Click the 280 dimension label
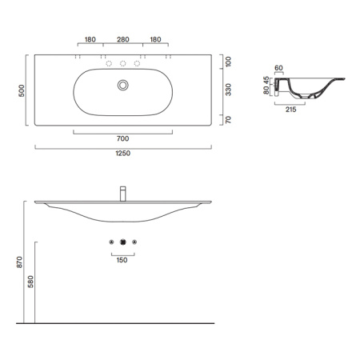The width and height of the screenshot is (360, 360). [122, 39]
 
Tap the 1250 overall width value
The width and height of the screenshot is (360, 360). [122, 154]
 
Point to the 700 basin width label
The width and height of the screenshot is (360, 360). [122, 138]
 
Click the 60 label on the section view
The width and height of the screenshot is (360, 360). [279, 69]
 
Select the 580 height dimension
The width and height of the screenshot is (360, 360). [31, 282]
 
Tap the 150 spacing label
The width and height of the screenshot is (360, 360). [122, 260]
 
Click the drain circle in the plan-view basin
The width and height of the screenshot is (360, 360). [122, 85]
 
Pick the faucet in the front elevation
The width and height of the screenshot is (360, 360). [122, 194]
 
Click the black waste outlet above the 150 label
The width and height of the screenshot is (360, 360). [122, 242]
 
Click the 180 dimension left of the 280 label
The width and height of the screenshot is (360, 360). [90, 39]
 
